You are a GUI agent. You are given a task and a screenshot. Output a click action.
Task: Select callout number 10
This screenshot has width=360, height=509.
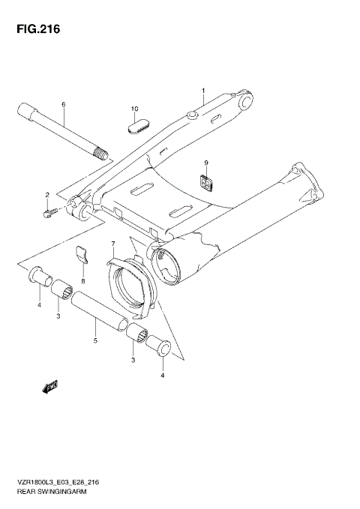click(136, 109)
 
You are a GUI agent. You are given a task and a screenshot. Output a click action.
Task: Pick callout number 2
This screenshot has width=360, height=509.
click(46, 196)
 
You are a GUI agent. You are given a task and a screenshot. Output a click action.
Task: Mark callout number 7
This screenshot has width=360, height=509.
click(113, 245)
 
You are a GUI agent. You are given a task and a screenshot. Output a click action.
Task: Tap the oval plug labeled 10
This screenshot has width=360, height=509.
click(136, 127)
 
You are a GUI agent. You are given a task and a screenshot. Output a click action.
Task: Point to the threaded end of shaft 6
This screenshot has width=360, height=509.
click(99, 154)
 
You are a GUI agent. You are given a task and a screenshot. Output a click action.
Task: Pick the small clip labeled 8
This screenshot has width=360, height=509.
click(83, 256)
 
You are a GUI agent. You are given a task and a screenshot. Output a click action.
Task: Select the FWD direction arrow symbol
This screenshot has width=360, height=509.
click(50, 387)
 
